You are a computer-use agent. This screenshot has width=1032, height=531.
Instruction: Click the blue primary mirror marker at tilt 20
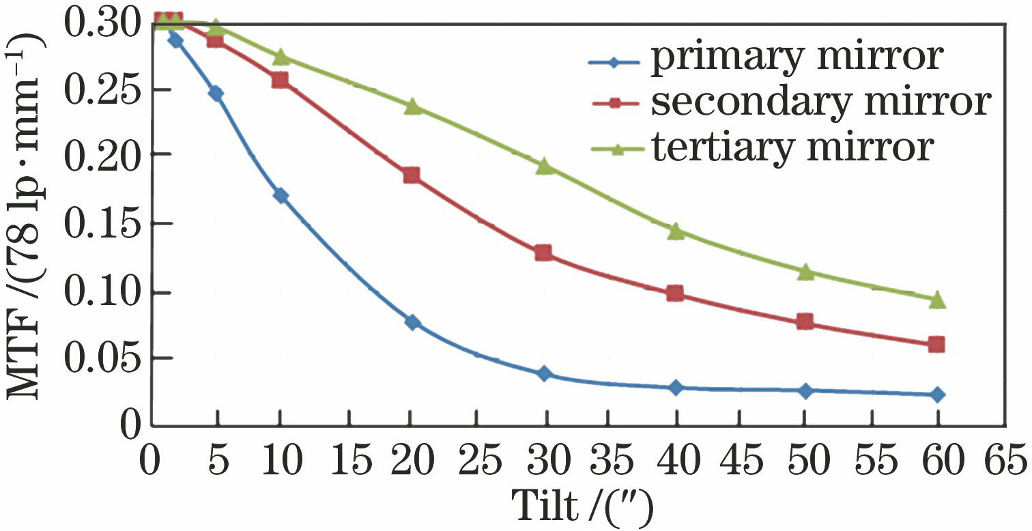[412, 322]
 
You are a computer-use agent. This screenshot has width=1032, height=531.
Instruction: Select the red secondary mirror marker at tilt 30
[543, 253]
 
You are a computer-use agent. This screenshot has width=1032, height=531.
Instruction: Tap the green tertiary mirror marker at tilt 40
[676, 231]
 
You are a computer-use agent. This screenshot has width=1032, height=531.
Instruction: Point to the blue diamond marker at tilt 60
[938, 394]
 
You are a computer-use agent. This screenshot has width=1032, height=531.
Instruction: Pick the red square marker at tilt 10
[280, 80]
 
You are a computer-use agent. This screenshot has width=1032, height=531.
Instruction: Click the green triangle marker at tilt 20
[412, 107]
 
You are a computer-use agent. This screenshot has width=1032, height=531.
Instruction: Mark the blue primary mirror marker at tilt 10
[281, 196]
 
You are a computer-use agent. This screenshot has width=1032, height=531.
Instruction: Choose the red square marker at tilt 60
[937, 345]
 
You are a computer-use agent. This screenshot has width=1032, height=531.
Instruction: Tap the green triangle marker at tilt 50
[806, 272]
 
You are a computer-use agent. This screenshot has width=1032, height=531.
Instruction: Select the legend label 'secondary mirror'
[820, 102]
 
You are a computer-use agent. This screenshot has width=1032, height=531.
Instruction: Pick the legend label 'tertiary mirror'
[791, 146]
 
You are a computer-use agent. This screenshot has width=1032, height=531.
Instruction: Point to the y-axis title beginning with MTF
[26, 225]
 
